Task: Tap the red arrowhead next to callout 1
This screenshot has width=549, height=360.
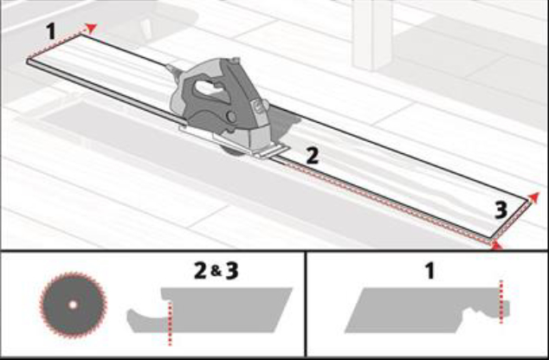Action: pyautogui.click(x=91, y=29)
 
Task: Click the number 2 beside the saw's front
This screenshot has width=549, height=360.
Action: pyautogui.click(x=313, y=156)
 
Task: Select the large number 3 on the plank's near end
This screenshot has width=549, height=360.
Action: pyautogui.click(x=501, y=211)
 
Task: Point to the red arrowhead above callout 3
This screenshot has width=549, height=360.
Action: pyautogui.click(x=534, y=196)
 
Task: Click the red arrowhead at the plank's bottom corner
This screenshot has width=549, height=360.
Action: pyautogui.click(x=496, y=245)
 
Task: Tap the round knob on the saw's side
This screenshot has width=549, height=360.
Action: pyautogui.click(x=231, y=117)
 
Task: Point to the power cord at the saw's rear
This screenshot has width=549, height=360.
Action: pyautogui.click(x=173, y=70)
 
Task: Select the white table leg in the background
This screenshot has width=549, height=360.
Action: pyautogui.click(x=371, y=34)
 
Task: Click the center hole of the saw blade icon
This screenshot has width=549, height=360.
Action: pyautogui.click(x=73, y=305)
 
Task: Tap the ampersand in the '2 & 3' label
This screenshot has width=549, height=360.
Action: pyautogui.click(x=216, y=271)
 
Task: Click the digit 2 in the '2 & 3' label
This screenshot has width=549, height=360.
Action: pyautogui.click(x=201, y=271)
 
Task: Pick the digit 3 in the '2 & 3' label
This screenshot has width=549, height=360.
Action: pyautogui.click(x=232, y=271)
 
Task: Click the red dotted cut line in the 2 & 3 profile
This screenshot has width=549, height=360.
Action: pyautogui.click(x=171, y=323)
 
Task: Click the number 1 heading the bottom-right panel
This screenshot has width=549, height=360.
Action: pyautogui.click(x=430, y=271)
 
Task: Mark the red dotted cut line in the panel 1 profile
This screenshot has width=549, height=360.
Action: pyautogui.click(x=501, y=301)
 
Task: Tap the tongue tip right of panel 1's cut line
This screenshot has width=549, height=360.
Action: pyautogui.click(x=507, y=309)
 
